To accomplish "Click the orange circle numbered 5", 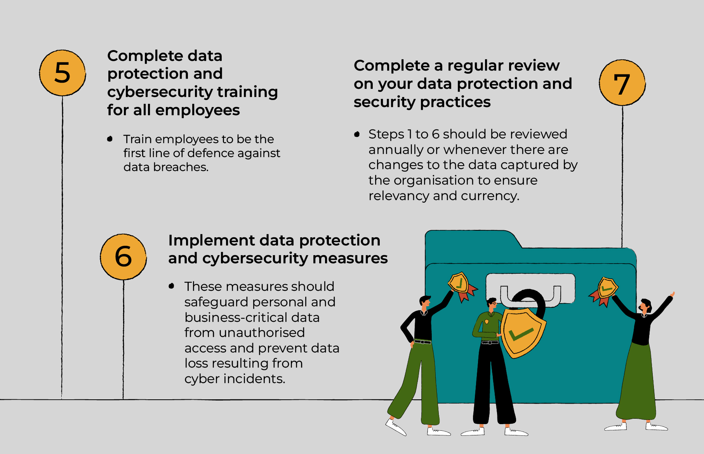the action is click(x=63, y=73).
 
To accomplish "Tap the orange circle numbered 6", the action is click(x=123, y=257).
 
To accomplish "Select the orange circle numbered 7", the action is click(x=622, y=83).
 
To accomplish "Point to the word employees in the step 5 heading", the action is click(x=197, y=110).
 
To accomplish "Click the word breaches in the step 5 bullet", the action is click(x=181, y=167).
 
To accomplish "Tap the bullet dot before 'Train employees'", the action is click(x=110, y=139).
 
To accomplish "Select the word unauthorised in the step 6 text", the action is click(x=262, y=333).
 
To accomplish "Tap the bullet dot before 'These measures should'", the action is click(x=171, y=286).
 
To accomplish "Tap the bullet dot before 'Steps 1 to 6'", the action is click(x=357, y=134).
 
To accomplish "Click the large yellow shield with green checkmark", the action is click(x=523, y=332).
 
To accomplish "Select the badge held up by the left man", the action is click(x=461, y=286).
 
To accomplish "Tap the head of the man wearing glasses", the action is click(x=492, y=304).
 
